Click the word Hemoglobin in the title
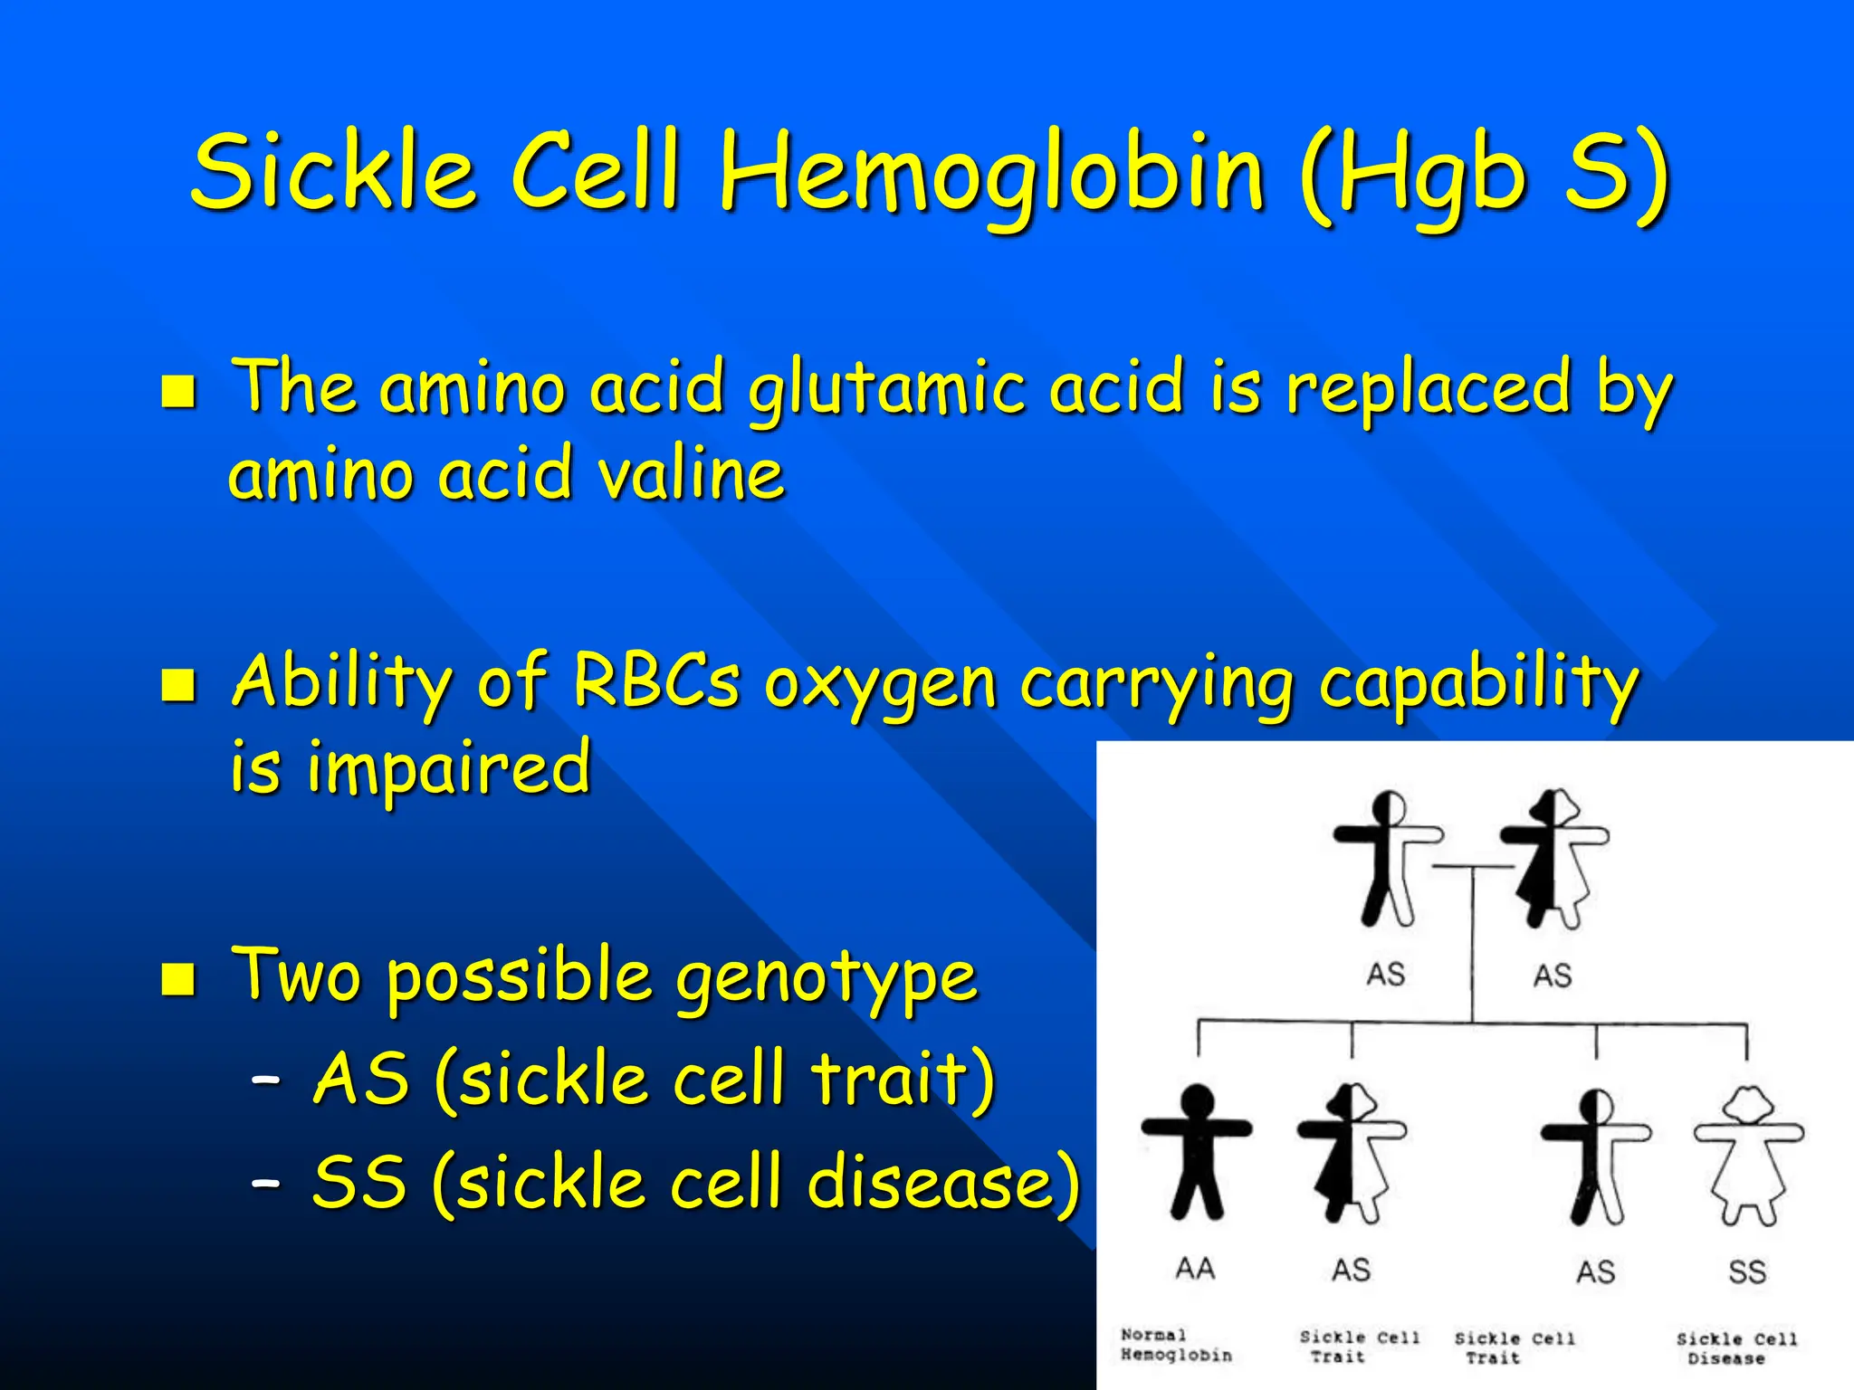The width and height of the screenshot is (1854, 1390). pos(991,172)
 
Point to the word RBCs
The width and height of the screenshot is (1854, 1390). pos(656,681)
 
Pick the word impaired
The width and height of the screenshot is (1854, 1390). pos(450,767)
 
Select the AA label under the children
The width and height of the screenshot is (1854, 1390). pos(1195,1269)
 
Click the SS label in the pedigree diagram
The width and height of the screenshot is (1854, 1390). pos(1746,1271)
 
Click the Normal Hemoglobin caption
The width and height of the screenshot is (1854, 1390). pos(1176,1345)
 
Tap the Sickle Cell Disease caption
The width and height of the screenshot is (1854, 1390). pos(1735,1348)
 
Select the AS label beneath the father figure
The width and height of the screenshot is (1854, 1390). pos(1385,975)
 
